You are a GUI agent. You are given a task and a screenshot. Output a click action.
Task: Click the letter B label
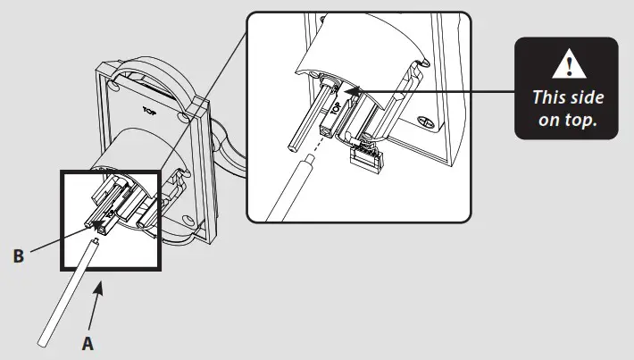coord(19,256)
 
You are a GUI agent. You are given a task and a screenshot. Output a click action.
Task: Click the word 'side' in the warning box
coord(586,96)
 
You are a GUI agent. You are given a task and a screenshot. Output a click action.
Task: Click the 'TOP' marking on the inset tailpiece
coord(336,110)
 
